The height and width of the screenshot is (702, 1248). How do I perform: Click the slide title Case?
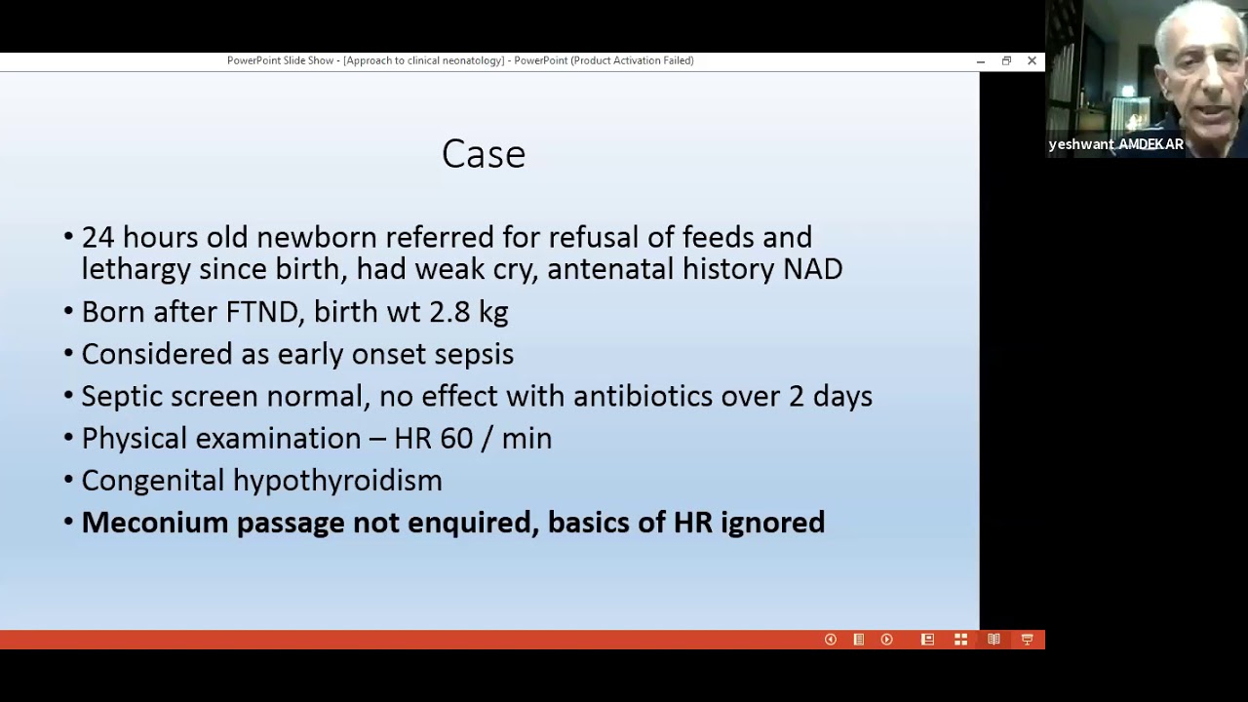coord(484,154)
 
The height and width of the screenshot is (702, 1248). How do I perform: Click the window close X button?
coord(1032,60)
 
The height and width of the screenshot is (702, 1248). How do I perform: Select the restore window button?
coord(1006,60)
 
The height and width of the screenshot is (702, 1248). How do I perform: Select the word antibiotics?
coord(643,397)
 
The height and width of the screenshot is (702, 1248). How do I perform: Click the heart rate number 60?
coord(456,439)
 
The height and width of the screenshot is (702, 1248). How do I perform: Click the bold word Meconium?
coord(155,523)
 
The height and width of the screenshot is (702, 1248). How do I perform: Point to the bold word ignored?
coord(772,524)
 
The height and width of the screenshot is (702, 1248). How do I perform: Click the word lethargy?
coord(136,270)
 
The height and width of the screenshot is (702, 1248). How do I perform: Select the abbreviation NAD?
coord(813,269)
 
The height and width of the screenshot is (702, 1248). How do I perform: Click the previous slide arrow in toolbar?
coord(831,640)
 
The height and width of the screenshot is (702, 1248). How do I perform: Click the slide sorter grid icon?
coord(960,640)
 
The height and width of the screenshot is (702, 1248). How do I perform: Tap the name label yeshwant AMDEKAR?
coord(1115,144)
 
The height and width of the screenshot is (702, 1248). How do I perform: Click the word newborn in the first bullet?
coord(316,238)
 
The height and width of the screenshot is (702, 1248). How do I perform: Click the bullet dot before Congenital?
coord(68,481)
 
